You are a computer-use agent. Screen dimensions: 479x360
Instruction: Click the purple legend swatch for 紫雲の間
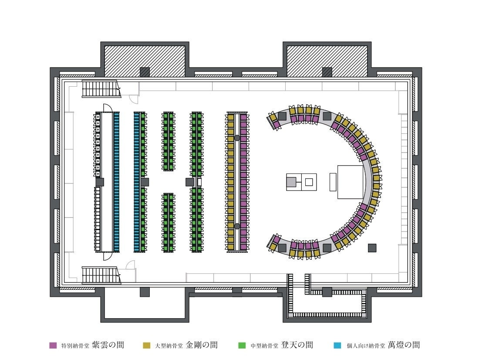(53, 346)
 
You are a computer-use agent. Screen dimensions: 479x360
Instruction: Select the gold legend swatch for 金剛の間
(147, 346)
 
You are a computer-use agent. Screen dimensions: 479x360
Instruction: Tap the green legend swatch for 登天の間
(241, 346)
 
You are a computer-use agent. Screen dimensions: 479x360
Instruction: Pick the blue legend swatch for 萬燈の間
(337, 346)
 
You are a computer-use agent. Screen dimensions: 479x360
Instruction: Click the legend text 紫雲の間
(108, 345)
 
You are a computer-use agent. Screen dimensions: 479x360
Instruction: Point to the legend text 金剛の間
(202, 345)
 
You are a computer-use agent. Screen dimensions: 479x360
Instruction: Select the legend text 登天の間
(297, 345)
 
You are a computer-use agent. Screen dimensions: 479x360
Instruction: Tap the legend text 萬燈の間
(404, 345)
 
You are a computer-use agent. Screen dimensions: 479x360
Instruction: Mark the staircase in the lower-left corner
(101, 275)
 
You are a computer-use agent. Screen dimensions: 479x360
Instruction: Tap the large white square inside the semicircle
(351, 182)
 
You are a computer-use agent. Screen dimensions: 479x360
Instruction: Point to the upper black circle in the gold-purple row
(237, 138)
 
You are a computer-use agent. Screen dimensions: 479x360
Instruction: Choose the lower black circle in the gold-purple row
(237, 226)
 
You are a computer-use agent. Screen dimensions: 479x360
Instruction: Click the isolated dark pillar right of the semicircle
(372, 248)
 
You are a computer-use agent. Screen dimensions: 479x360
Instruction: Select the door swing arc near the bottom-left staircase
(131, 265)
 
